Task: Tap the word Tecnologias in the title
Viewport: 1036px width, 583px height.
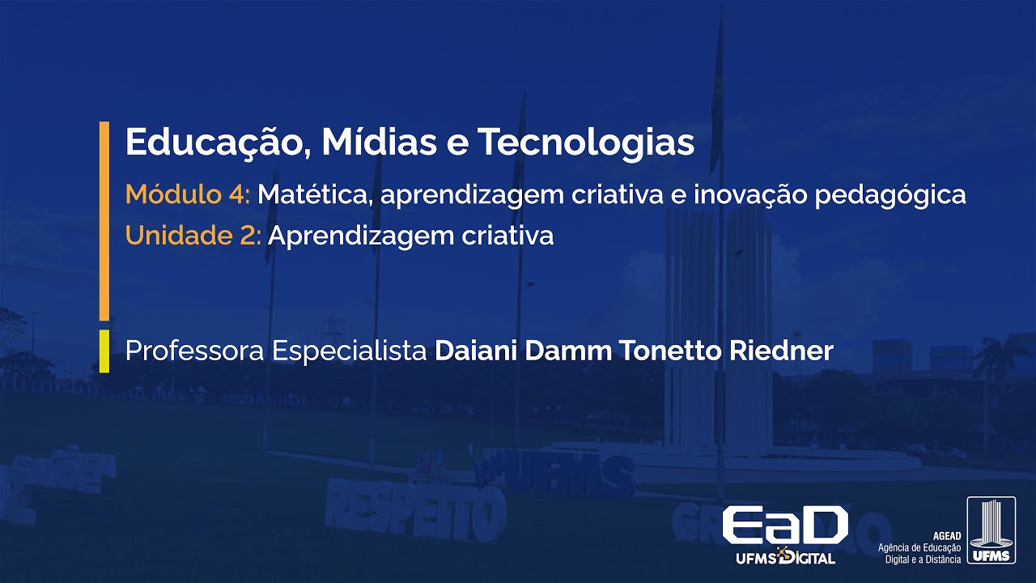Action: [x=585, y=143]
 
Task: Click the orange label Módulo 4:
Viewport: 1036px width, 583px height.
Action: [x=189, y=194]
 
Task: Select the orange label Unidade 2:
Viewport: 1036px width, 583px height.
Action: [x=193, y=236]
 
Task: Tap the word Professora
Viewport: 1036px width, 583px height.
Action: [x=194, y=351]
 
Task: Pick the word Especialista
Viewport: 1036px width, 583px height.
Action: [x=350, y=351]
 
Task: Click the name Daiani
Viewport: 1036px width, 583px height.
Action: [x=476, y=351]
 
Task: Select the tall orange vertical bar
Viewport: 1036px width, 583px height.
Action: [x=104, y=220]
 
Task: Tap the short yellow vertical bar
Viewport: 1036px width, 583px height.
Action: [x=104, y=351]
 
